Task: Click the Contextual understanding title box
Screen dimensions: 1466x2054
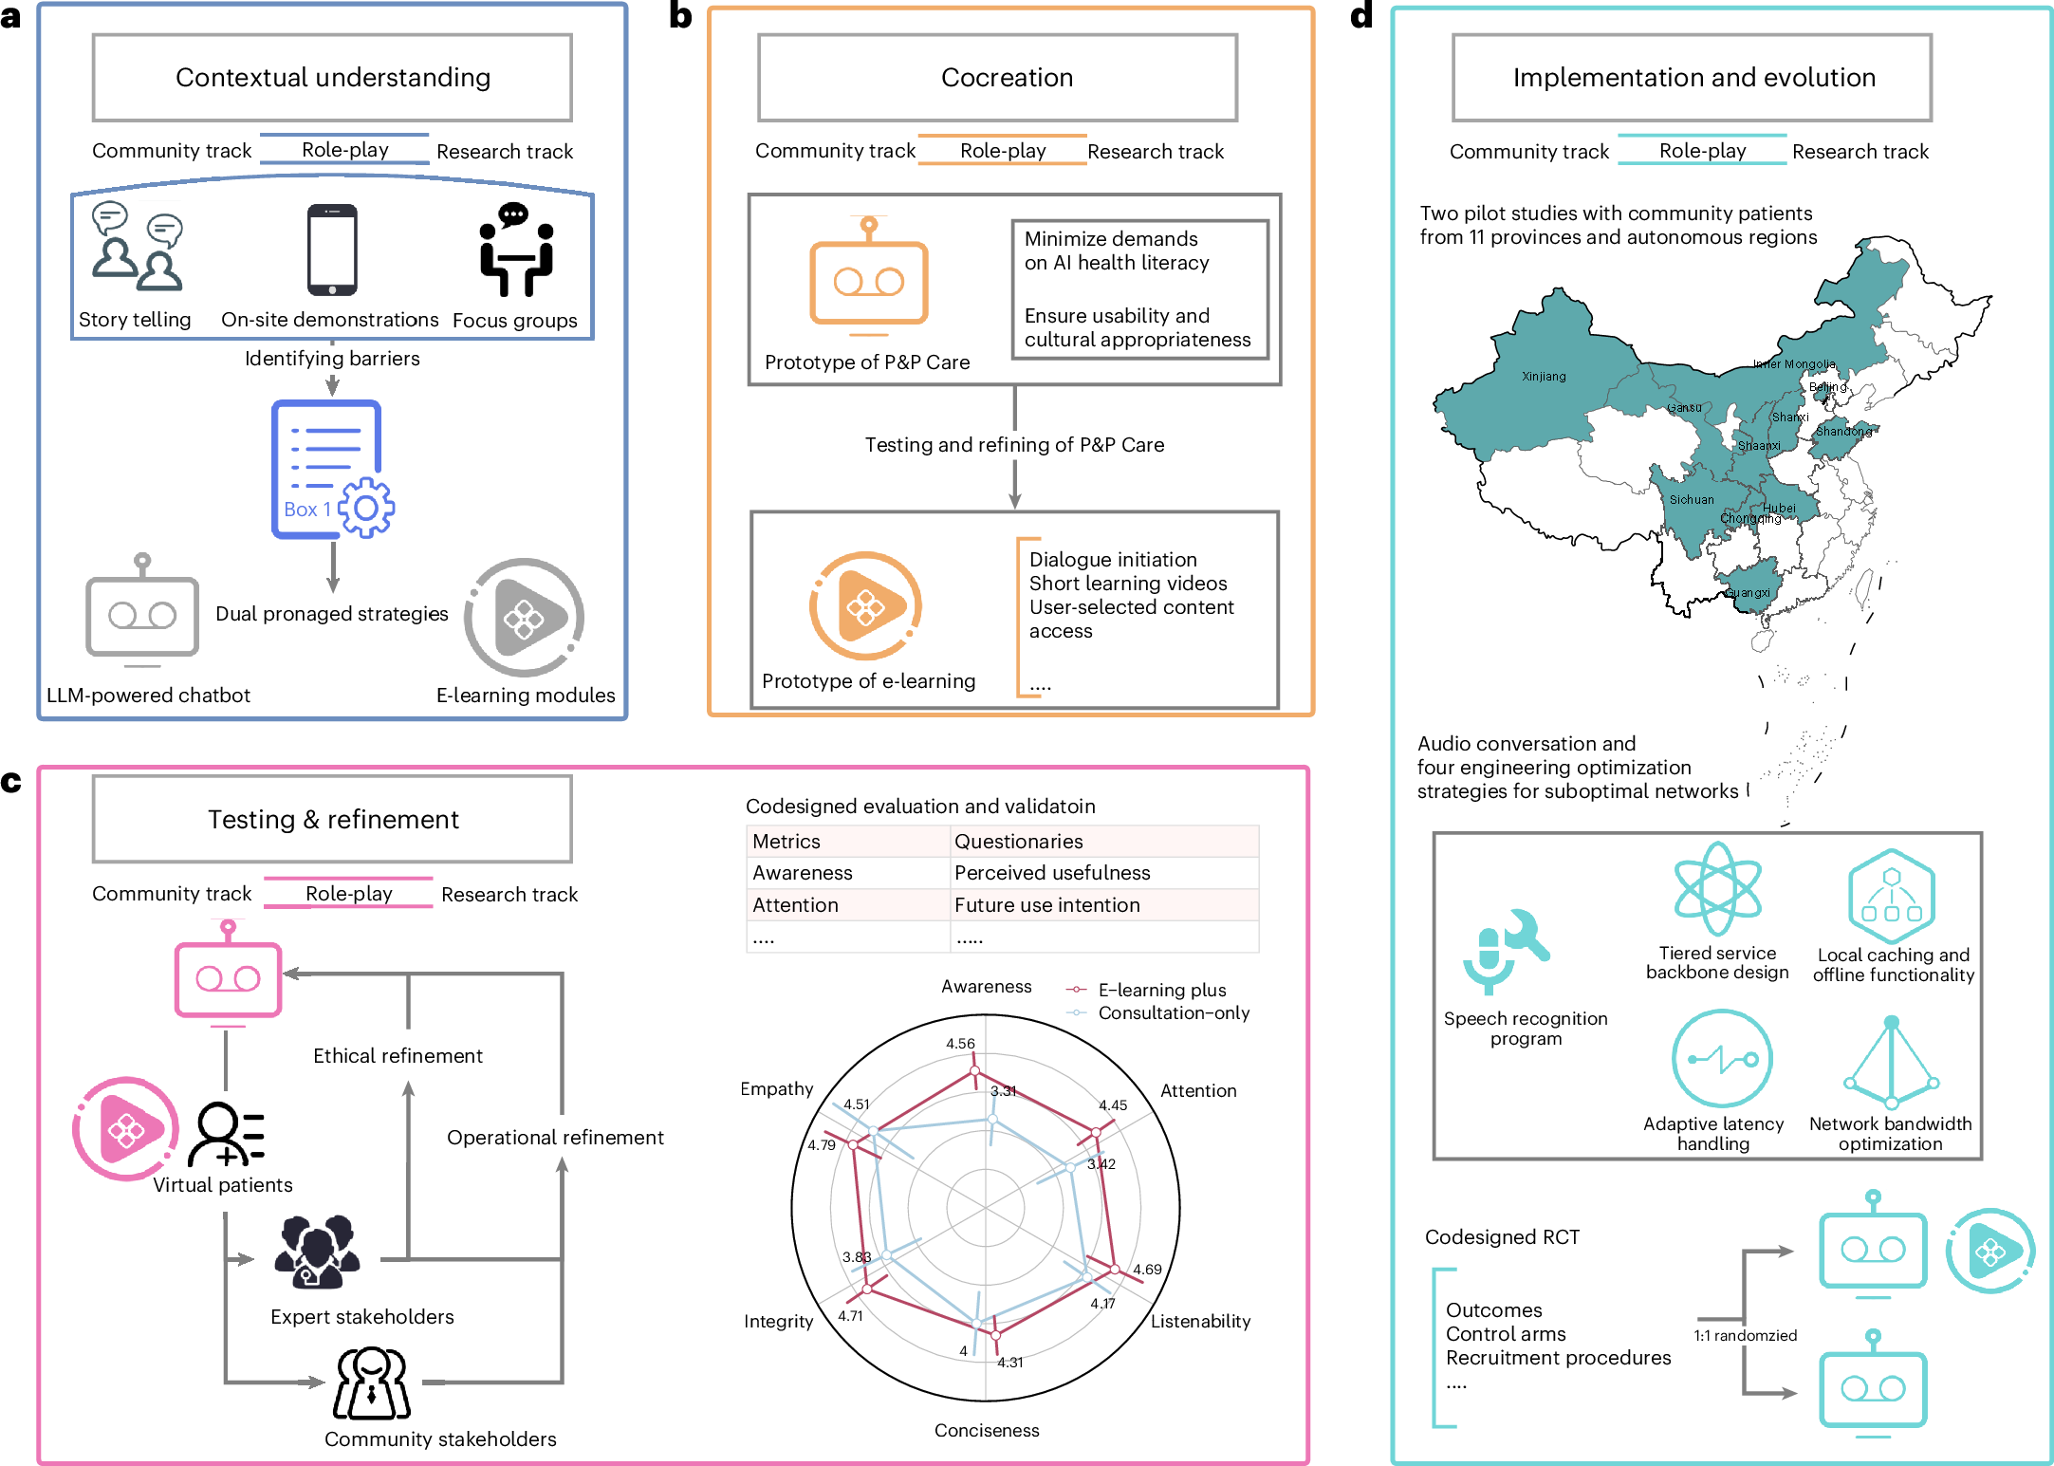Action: click(x=332, y=78)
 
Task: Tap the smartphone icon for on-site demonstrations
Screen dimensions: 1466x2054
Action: click(x=332, y=250)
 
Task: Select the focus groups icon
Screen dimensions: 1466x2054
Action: click(x=515, y=250)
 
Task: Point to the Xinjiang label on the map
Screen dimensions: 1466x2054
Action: click(x=1544, y=377)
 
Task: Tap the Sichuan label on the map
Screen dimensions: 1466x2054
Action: click(x=1692, y=500)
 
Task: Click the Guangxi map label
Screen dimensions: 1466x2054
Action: click(x=1748, y=593)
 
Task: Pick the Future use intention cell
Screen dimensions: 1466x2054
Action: click(x=1046, y=905)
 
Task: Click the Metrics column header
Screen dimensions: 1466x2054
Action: click(x=786, y=842)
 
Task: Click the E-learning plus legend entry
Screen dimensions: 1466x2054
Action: click(x=1161, y=990)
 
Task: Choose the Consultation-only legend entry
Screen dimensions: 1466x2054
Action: click(x=1173, y=1013)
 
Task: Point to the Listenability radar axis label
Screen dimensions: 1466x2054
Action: click(x=1200, y=1321)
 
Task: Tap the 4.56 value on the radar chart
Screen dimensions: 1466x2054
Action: click(x=960, y=1044)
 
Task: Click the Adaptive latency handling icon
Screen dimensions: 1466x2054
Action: click(x=1721, y=1059)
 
